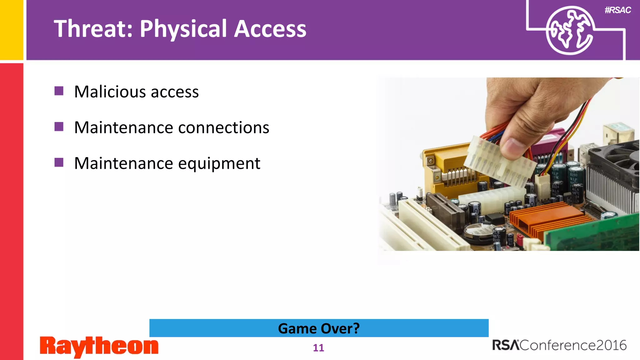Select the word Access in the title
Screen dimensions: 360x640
(x=270, y=29)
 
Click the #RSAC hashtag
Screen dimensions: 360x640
(x=617, y=10)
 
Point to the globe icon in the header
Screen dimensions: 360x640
(x=569, y=31)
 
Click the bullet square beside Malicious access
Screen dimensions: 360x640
(x=59, y=91)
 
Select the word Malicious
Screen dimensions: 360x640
(x=110, y=92)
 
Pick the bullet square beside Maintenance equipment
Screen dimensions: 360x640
(x=59, y=162)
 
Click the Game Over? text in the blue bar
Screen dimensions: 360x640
(x=319, y=328)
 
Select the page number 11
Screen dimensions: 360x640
(x=318, y=348)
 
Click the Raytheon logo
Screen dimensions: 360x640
(x=99, y=347)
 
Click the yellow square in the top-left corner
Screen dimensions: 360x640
(x=11, y=29)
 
